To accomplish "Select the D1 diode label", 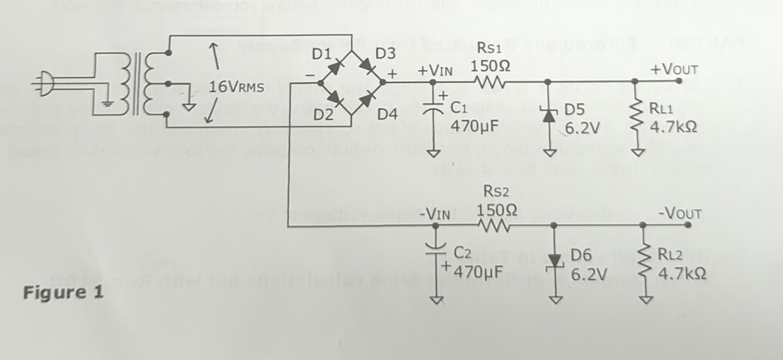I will (x=321, y=56).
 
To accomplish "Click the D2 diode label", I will (x=322, y=115).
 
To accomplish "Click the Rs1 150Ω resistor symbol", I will (x=490, y=81).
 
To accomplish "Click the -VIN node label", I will (x=436, y=214).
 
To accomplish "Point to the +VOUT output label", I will (x=670, y=69).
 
